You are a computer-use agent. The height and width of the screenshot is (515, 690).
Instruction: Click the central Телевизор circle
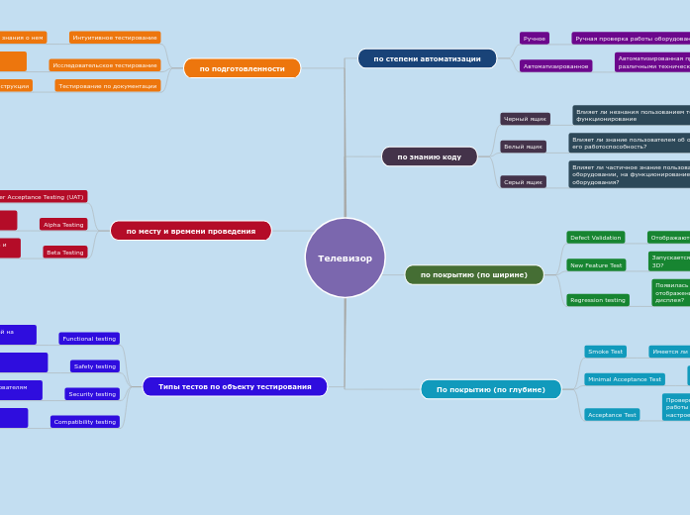345,257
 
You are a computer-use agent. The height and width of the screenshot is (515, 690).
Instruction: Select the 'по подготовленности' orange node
242,68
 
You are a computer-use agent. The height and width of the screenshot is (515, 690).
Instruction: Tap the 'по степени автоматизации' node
427,58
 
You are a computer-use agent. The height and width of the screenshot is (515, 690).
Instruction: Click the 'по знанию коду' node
429,156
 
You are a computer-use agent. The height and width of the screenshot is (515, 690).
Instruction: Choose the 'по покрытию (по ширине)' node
474,274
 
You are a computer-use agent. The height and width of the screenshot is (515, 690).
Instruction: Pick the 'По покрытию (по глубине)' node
490,389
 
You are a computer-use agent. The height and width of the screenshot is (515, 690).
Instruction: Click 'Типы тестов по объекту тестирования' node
235,386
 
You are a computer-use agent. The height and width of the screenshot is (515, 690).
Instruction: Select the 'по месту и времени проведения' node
190,231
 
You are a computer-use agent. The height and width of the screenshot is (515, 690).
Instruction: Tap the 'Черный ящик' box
525,119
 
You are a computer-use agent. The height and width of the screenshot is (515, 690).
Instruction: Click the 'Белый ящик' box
523,147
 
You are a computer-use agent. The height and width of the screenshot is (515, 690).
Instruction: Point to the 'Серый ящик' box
523,182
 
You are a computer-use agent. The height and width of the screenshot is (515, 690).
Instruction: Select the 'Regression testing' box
597,300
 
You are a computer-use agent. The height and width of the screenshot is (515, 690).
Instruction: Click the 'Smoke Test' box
605,352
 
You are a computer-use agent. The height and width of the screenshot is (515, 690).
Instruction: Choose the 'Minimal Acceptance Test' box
624,379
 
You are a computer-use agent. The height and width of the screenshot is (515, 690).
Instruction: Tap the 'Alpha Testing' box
63,225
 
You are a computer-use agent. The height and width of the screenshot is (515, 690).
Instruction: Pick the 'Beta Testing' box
65,253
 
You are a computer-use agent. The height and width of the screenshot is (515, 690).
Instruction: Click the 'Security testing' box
92,394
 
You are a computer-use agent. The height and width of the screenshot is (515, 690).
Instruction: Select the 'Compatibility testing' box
85,422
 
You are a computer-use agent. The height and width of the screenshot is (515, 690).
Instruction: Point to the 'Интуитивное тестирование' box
115,38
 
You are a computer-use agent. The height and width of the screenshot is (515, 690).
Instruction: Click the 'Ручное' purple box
535,39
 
